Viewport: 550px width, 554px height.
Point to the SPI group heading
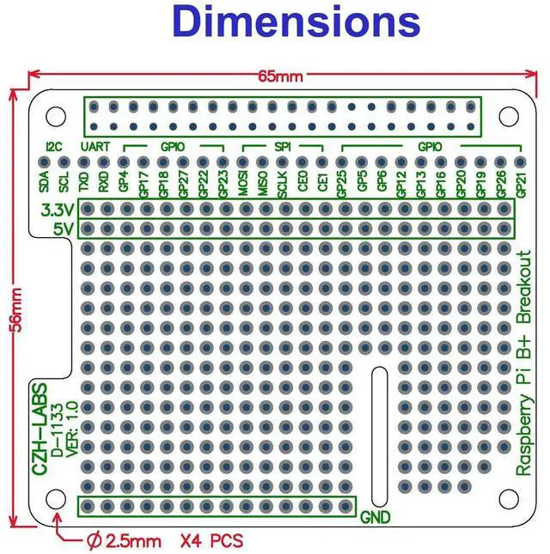click(x=282, y=146)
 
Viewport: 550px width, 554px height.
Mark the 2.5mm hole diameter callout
click(x=124, y=541)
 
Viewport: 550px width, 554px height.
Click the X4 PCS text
click(x=211, y=541)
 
